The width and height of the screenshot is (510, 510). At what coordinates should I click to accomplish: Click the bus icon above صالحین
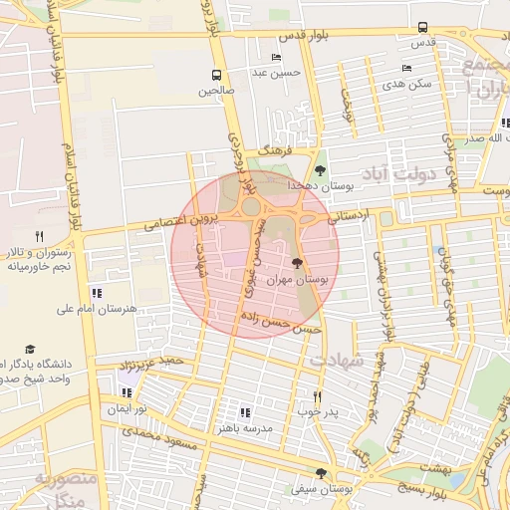(216, 75)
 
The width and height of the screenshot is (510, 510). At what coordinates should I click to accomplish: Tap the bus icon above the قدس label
(423, 28)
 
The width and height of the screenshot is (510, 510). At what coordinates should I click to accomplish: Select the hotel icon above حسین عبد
(276, 58)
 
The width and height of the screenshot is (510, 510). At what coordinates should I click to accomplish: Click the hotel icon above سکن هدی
(405, 68)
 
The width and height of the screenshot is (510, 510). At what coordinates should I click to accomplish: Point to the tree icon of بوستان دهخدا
(320, 170)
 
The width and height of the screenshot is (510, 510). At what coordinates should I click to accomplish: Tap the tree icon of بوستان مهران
(297, 263)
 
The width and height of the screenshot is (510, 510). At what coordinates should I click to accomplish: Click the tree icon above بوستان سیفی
(320, 473)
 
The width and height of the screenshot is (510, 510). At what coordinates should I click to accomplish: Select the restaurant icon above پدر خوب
(318, 395)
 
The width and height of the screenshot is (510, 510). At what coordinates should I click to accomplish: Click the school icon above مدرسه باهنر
(245, 411)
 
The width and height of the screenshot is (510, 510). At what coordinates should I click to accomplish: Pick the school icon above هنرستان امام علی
(96, 293)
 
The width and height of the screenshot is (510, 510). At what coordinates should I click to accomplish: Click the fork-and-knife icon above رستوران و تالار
(39, 236)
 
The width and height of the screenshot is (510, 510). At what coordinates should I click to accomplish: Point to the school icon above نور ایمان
(126, 392)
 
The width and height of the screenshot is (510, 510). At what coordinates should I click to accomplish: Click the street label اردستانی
(349, 215)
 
